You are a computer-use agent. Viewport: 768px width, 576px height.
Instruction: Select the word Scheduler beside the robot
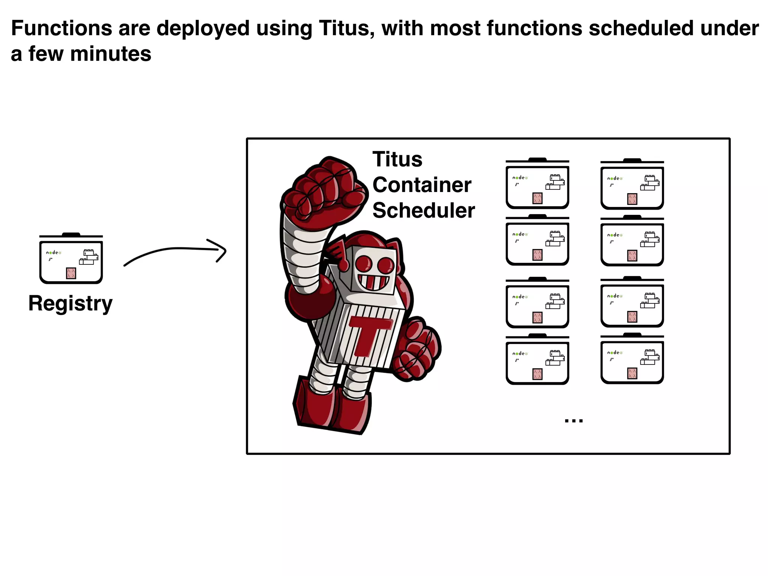click(x=423, y=210)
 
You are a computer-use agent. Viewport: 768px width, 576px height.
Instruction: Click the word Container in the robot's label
click(x=422, y=185)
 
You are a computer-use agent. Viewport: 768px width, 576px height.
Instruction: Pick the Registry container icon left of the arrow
click(x=71, y=259)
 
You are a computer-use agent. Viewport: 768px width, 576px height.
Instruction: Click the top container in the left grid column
click(x=537, y=184)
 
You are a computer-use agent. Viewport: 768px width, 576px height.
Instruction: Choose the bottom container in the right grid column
click(x=632, y=359)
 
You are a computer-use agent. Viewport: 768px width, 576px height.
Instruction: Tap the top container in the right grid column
click(x=632, y=185)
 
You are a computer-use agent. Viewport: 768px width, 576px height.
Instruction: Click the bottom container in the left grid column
click(x=537, y=360)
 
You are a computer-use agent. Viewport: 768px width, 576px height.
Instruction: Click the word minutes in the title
click(x=111, y=54)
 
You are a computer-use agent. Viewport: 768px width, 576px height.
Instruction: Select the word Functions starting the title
click(x=61, y=28)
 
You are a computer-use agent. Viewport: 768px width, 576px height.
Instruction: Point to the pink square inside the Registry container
click(x=71, y=273)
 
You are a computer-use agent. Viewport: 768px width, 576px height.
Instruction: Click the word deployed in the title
click(x=203, y=28)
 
